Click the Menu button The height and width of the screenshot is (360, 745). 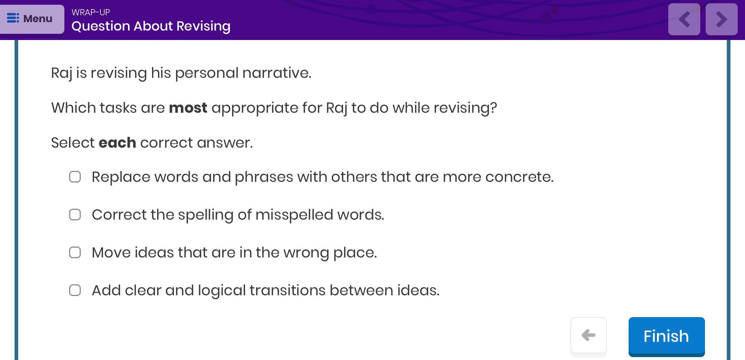point(32,19)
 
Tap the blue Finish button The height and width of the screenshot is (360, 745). point(666,336)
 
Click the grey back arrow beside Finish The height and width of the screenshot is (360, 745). point(589,335)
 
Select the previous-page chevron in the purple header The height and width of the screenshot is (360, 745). point(684,19)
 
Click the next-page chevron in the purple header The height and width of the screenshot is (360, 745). point(722,19)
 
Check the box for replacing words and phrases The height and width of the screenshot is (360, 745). point(75,177)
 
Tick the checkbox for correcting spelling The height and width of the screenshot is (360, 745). point(75,215)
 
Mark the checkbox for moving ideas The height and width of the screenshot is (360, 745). point(75,253)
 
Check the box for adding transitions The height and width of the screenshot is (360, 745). point(75,291)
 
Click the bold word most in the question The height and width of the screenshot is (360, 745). point(188,108)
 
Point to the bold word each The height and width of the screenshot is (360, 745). point(117,143)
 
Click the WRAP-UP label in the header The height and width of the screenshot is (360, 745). point(91,12)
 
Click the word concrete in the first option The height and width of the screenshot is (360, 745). point(519,177)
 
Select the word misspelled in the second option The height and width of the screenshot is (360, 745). point(294,215)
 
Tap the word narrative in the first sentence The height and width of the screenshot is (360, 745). point(277,73)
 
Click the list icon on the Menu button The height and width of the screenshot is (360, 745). point(13,18)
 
